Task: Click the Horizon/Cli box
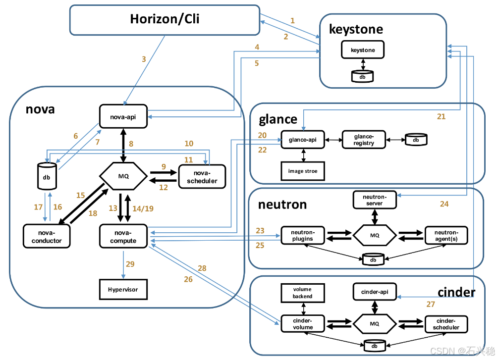tap(165, 20)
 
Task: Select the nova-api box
tap(123, 116)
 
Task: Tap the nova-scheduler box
tap(202, 177)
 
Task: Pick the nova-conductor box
tap(47, 236)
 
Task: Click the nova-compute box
tap(123, 236)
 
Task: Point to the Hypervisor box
tap(123, 289)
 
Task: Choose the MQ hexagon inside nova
tap(123, 176)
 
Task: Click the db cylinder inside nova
tap(47, 176)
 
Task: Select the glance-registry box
tap(364, 140)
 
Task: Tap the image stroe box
tap(303, 171)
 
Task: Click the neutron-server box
tap(375, 200)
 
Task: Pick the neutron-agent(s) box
tap(446, 235)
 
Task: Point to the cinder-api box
tap(375, 292)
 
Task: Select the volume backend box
tap(303, 293)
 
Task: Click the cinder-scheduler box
tap(446, 324)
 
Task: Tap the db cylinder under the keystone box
tap(363, 77)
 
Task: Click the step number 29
tap(130, 264)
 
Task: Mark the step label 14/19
tap(143, 208)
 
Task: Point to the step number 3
tap(144, 59)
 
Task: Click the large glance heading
tap(278, 120)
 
